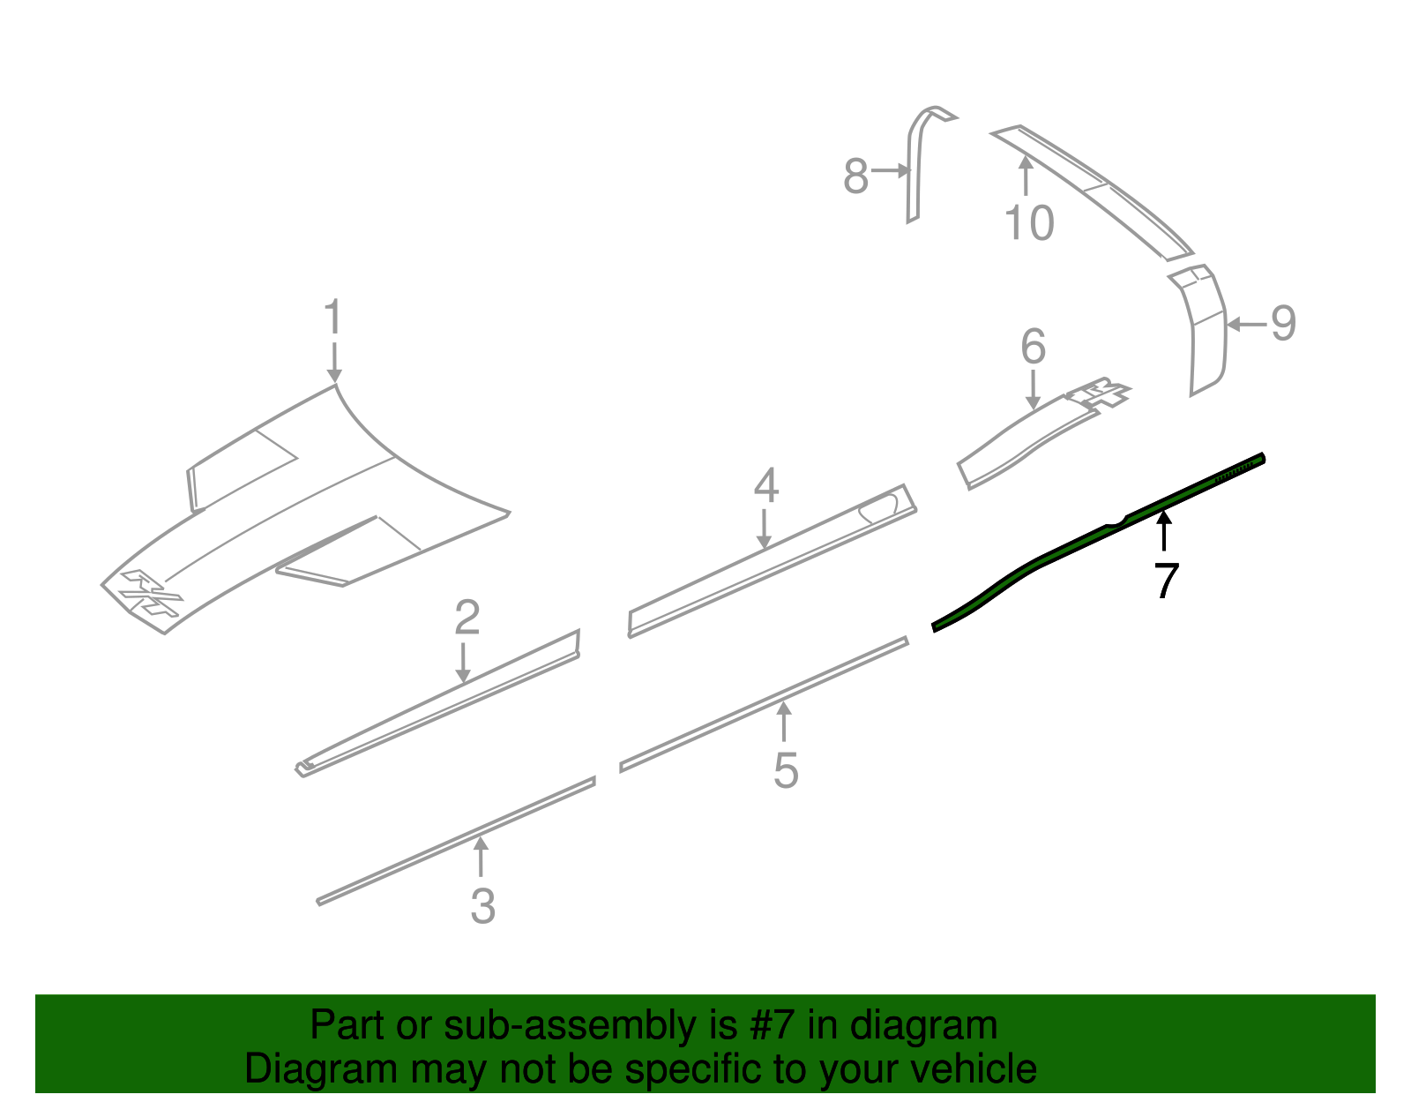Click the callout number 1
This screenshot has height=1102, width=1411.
tap(333, 317)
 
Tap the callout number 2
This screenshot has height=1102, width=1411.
tap(467, 618)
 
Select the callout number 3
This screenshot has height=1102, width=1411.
tap(483, 906)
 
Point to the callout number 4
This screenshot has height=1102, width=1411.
tap(766, 485)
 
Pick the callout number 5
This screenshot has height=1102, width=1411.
tap(786, 771)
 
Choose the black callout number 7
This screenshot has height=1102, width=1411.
tap(1166, 581)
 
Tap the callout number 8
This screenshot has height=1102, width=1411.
tap(855, 176)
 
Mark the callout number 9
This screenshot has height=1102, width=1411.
tap(1283, 323)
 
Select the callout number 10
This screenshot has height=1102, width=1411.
tap(1029, 222)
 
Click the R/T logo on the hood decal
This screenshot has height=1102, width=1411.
tap(152, 592)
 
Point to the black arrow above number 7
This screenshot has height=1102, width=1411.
tap(1164, 531)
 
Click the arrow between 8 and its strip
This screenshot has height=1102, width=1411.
tap(890, 171)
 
